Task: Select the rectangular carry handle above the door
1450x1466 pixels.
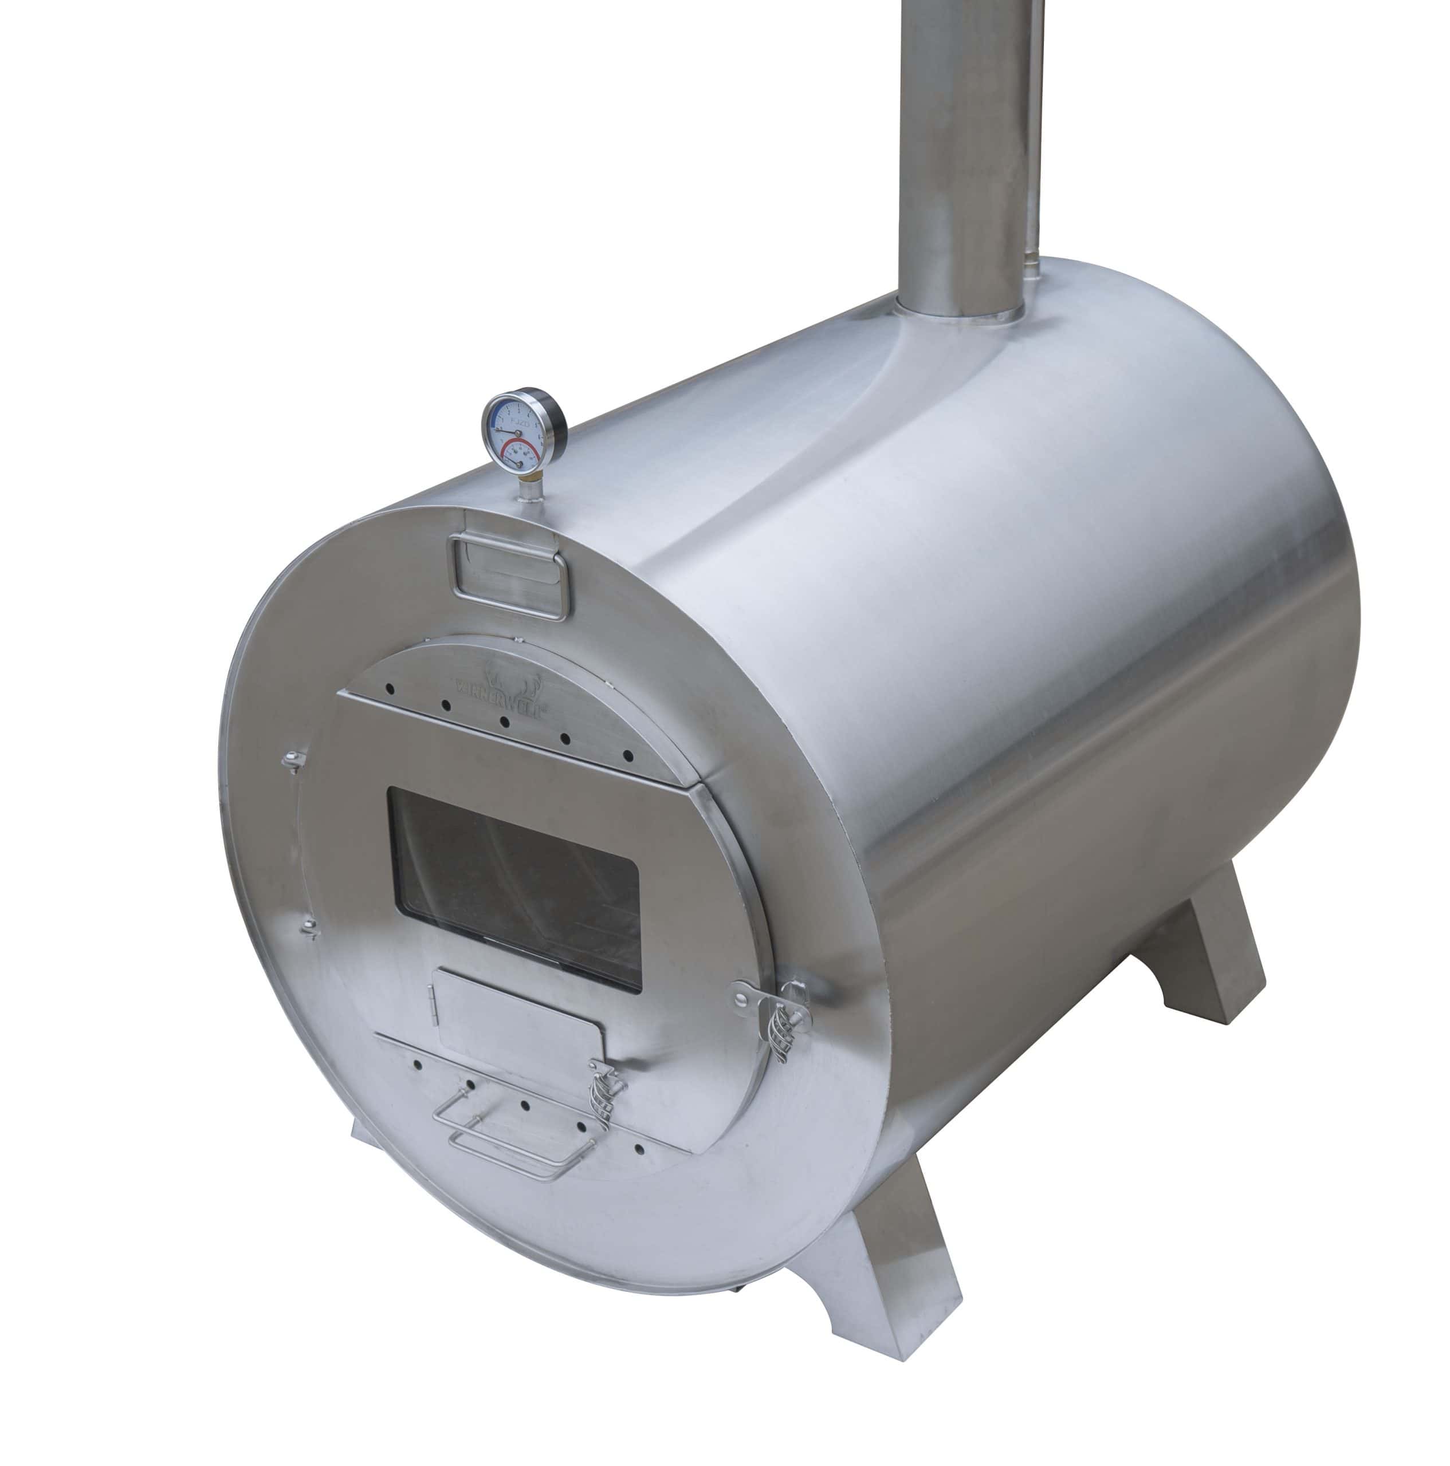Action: (508, 576)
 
